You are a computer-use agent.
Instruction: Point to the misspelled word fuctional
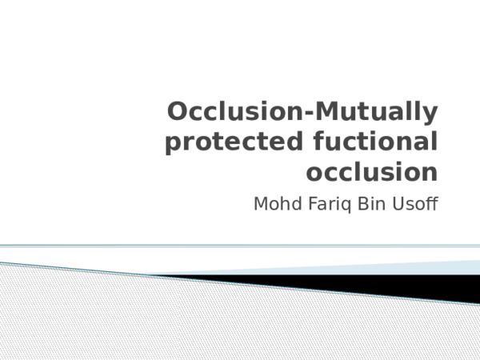click(373, 142)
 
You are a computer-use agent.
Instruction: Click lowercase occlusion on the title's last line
click(372, 171)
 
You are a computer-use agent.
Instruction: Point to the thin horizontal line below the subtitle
click(240, 246)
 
